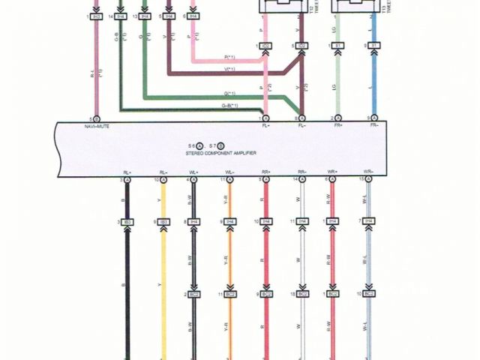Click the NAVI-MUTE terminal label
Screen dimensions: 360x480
point(97,127)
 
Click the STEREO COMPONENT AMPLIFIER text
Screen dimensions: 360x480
point(221,152)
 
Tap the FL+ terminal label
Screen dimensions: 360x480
point(266,127)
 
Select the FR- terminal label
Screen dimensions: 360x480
point(373,127)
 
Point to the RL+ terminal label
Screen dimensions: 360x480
point(127,172)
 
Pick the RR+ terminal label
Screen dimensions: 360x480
point(266,172)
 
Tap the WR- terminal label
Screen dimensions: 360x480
point(368,172)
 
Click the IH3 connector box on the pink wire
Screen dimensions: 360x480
point(97,16)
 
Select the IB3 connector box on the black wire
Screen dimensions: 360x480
point(127,222)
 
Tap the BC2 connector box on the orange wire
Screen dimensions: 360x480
point(230,295)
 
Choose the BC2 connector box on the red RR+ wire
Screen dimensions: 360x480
point(266,295)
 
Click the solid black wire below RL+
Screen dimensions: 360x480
point(127,262)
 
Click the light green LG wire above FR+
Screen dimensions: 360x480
point(338,82)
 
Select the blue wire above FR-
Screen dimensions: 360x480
point(373,82)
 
